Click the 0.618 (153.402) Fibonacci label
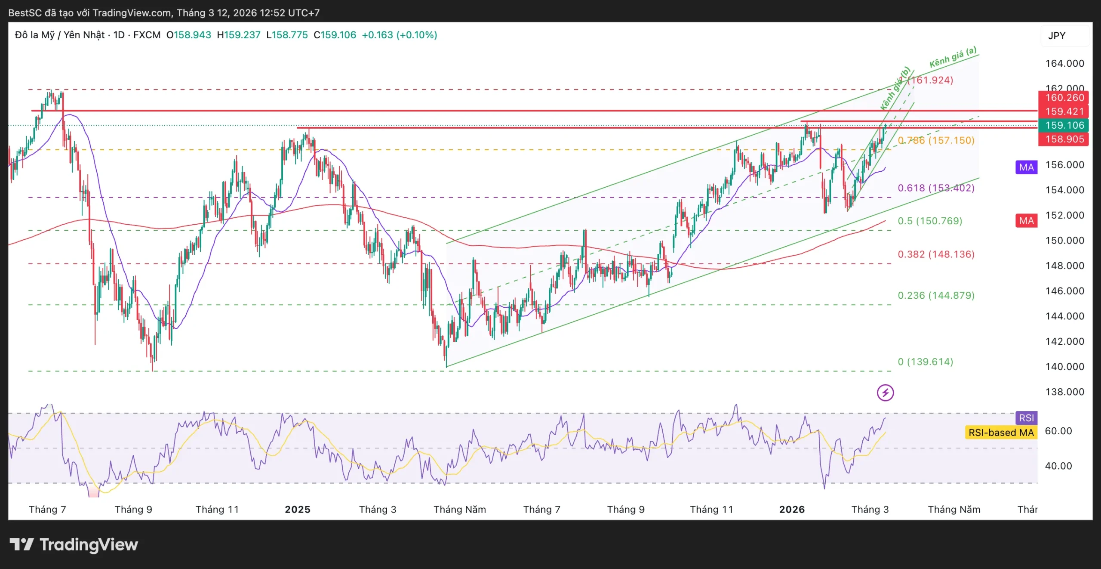coord(936,188)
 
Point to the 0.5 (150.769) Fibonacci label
coord(930,221)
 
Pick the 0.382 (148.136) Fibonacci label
coord(936,254)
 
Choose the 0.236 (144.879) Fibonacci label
coord(936,295)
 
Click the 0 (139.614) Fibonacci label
coord(925,362)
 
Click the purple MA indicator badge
coord(1026,167)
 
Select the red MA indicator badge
coord(1026,221)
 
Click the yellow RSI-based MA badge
coord(1001,433)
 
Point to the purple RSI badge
coord(1026,418)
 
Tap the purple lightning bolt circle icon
coord(885,393)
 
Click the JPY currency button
coord(1057,36)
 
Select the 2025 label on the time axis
coord(298,510)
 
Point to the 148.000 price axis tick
coord(1064,266)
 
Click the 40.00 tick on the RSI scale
coord(1058,466)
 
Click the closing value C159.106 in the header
coord(335,35)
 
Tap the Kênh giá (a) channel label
coord(953,57)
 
